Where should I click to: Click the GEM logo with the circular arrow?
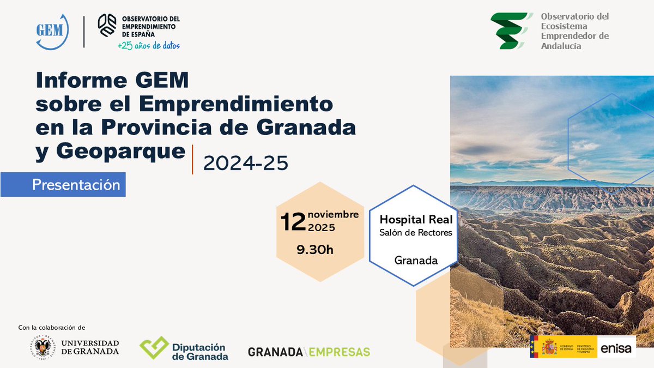52,31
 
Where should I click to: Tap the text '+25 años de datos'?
149,46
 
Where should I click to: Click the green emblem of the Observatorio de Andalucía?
510,31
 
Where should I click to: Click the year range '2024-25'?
245,163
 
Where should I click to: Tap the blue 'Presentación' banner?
76,184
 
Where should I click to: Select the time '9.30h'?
314,250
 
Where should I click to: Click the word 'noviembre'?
333,214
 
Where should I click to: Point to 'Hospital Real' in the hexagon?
416,219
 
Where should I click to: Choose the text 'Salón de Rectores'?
416,233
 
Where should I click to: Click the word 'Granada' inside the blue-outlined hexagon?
416,260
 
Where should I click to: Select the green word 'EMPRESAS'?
339,352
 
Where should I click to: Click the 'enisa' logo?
617,347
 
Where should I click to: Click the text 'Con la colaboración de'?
52,328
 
